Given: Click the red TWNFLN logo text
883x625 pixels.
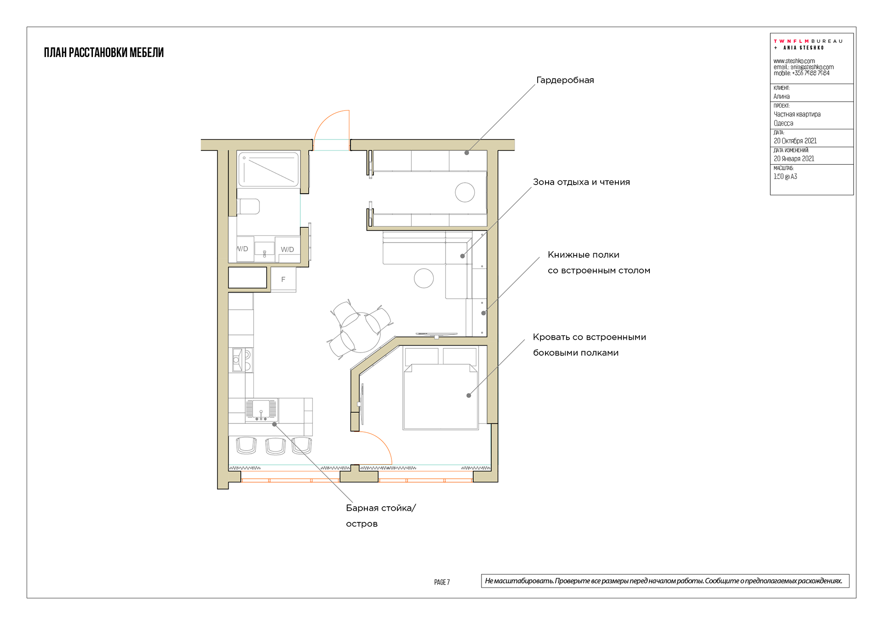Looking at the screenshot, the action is point(791,41).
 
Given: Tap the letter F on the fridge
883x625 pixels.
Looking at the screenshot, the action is point(283,279).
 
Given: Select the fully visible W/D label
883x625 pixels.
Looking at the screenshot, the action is point(287,249).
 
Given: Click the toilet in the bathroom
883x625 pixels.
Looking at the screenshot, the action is point(248,207).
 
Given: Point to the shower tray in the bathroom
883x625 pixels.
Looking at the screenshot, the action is point(269,169).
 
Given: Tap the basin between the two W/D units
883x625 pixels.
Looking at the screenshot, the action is point(264,251).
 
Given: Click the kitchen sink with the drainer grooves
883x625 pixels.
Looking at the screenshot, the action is point(261,409).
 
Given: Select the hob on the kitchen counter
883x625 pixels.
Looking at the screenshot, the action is point(241,360).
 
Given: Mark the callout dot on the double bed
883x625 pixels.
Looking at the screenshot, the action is point(469,395).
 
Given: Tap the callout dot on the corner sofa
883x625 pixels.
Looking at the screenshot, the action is point(463,256).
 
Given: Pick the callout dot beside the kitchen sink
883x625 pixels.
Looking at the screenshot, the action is point(275,424).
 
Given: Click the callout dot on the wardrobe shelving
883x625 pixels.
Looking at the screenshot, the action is point(467,153).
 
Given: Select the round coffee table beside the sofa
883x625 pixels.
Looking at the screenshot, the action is point(424,278).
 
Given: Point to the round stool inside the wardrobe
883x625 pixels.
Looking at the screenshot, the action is point(465,192).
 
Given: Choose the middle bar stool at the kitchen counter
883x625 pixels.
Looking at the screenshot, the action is point(275,446).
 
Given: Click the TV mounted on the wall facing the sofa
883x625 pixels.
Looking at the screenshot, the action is point(436,335).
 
